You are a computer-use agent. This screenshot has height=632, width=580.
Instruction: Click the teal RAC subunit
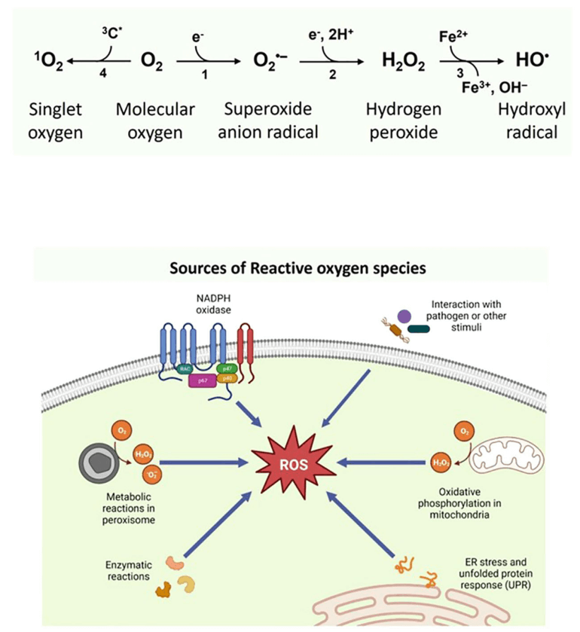coord(185,368)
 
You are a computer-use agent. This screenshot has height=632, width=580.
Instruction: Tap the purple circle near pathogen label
coord(405,317)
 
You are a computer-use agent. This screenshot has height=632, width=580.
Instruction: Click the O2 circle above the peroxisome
coord(121,431)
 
